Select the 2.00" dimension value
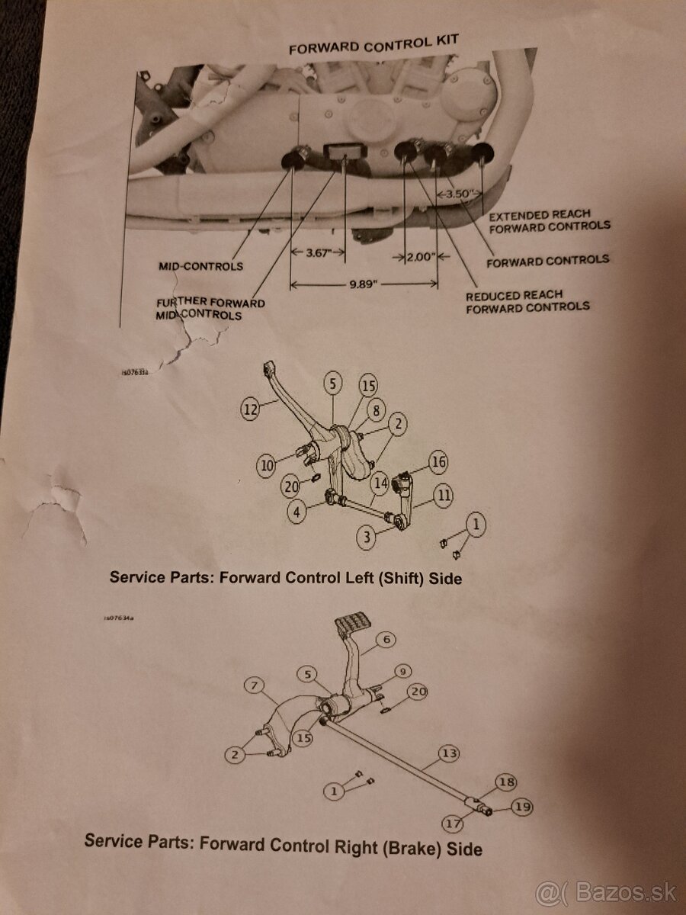418,257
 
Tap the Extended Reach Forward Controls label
550,220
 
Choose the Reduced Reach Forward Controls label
527,300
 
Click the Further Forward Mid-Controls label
210,308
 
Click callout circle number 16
438,462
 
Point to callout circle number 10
265,465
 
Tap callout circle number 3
367,538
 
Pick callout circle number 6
386,639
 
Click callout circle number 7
253,685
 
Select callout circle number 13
450,753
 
